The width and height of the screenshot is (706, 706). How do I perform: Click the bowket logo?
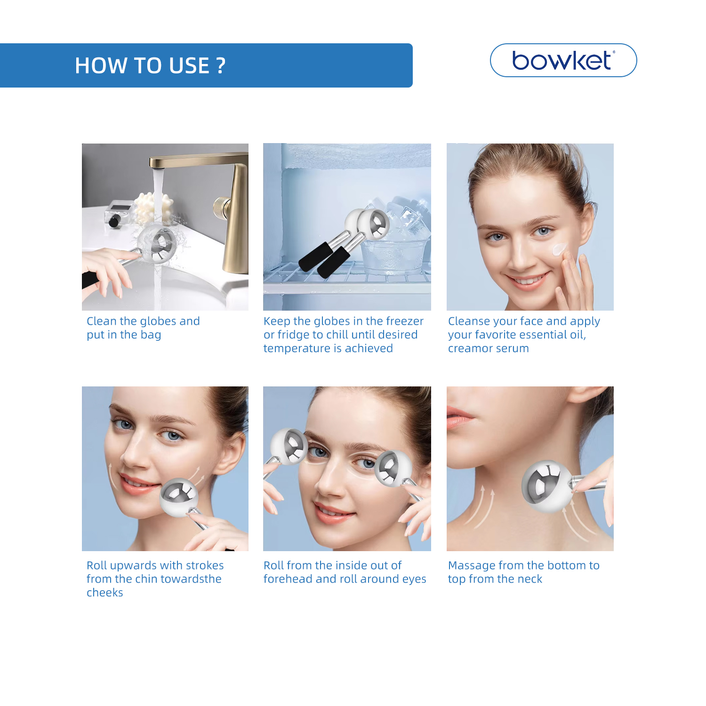[563, 60]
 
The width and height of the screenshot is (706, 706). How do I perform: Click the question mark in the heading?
[221, 66]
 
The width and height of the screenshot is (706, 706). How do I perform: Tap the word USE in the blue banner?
[189, 66]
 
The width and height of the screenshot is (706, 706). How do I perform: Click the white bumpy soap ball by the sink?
[153, 208]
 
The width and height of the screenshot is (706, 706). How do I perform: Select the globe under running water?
[157, 243]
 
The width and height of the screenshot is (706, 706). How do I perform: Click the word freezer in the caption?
[404, 321]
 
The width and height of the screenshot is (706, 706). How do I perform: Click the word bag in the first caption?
[151, 335]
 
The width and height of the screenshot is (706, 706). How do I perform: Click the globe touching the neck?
[547, 486]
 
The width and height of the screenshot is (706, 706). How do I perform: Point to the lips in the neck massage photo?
[459, 417]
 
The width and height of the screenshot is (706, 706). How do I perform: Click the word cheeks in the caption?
[104, 593]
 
